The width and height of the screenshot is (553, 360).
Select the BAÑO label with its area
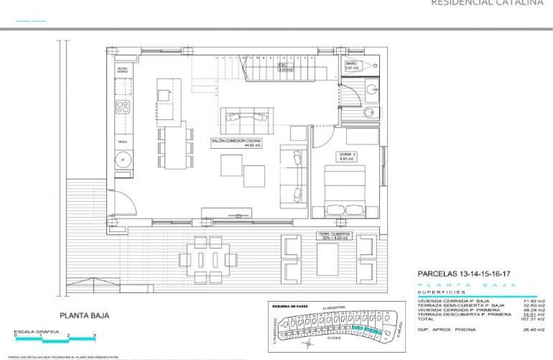point(352,66)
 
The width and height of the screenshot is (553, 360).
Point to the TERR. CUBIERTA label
point(334,236)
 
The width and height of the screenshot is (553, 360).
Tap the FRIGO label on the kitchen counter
point(123,142)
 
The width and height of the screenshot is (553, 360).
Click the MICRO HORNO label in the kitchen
point(122,70)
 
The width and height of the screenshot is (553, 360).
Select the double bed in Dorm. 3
point(345,191)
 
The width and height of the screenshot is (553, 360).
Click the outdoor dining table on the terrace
point(208,260)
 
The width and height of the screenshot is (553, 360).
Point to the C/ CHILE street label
point(333,338)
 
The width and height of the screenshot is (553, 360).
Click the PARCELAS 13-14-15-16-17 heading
point(464,274)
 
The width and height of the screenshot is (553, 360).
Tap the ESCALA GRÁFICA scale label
point(37,332)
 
